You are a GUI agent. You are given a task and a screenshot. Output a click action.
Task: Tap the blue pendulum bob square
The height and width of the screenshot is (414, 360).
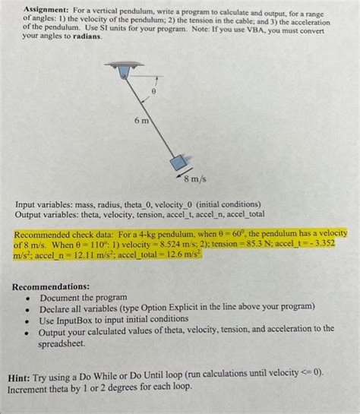click(178, 163)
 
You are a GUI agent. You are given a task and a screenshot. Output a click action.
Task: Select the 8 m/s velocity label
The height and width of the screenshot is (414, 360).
click(195, 180)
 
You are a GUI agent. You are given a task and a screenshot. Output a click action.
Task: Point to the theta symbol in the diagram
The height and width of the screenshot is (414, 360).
click(153, 90)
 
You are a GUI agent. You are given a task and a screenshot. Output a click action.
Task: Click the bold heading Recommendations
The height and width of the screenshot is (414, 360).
click(52, 287)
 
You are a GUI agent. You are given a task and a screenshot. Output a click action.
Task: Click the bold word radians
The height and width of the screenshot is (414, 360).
click(86, 36)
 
